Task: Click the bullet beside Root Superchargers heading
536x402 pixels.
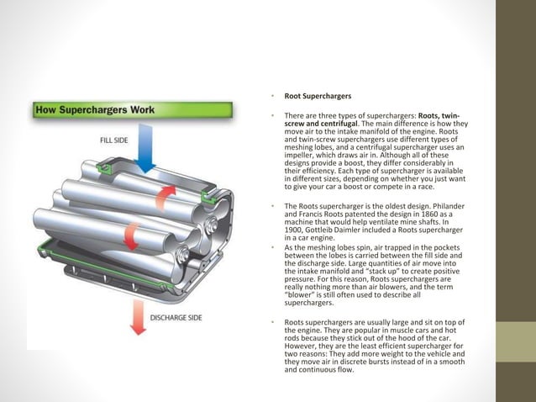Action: pyautogui.click(x=274, y=97)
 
